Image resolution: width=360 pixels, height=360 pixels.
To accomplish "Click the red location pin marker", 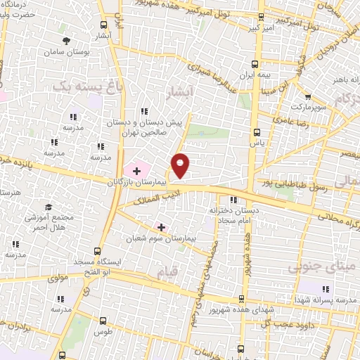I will coord(181,165).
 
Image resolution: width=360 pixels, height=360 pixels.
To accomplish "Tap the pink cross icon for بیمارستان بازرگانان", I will coord(136,169).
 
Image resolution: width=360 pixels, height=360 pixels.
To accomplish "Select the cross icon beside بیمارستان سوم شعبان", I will coord(162,227).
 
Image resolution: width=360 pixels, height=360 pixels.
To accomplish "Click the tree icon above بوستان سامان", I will coord(67,41).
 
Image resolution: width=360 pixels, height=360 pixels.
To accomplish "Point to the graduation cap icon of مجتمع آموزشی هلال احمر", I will coord(49,207).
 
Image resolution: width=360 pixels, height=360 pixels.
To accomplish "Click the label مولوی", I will coord(58,278).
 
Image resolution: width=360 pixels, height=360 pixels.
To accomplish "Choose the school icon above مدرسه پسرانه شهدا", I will coord(325,288).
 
